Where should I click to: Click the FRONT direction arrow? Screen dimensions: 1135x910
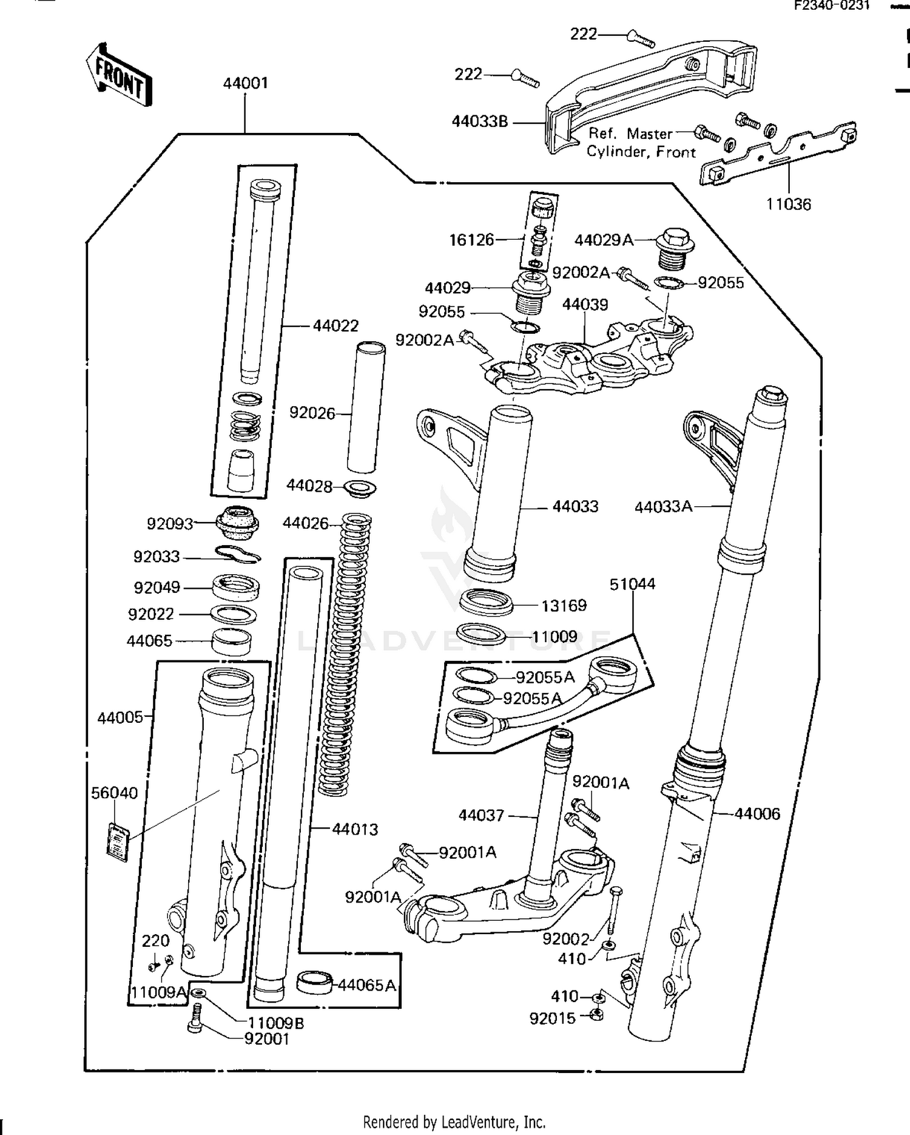(x=119, y=76)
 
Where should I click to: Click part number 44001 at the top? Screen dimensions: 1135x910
(x=245, y=83)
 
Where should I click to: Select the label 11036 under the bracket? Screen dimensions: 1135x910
(x=787, y=204)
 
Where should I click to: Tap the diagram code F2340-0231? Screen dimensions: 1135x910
(x=832, y=6)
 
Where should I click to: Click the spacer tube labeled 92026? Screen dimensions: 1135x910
(x=366, y=407)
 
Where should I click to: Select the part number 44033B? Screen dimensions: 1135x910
(x=479, y=121)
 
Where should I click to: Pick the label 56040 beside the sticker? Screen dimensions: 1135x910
(x=114, y=793)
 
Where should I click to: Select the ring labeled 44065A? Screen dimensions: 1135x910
(x=314, y=982)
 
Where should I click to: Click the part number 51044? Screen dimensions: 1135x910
(x=632, y=584)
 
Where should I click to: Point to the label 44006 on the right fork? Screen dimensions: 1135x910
(x=757, y=813)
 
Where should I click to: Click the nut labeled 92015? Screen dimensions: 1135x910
(x=597, y=1014)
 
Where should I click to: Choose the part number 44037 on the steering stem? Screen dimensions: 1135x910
(x=481, y=815)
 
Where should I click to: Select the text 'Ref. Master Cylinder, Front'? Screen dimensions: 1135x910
(x=641, y=143)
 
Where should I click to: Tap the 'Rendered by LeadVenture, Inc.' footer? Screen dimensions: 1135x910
(x=454, y=1121)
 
